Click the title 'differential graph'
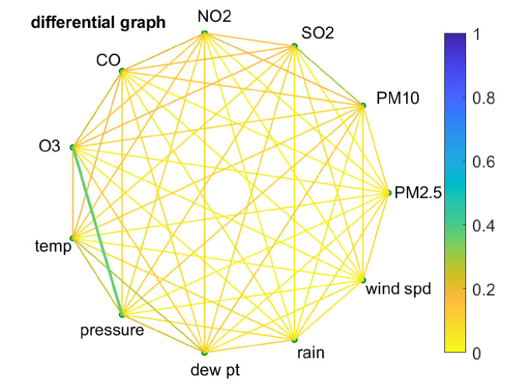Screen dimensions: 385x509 (x=98, y=22)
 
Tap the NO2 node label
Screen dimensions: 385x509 (x=215, y=16)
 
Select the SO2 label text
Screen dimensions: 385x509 (x=318, y=33)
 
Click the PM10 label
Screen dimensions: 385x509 (x=398, y=99)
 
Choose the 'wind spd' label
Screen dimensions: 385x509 (x=399, y=289)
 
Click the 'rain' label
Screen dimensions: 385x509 (x=311, y=352)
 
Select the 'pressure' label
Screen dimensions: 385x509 (x=112, y=331)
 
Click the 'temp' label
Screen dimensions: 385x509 (x=53, y=246)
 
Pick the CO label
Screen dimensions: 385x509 (x=108, y=61)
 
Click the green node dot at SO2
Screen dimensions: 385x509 (x=295, y=46)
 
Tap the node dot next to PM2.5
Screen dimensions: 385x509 (x=388, y=193)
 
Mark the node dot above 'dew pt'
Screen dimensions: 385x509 (x=204, y=352)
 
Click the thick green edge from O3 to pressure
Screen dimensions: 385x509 (x=97, y=231)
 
